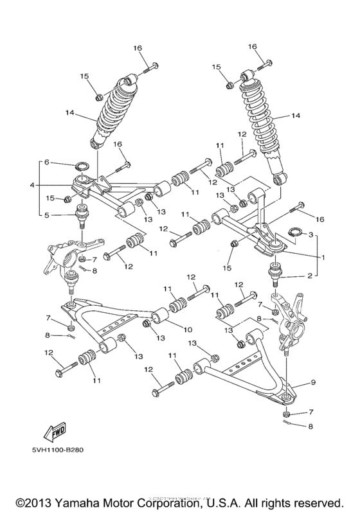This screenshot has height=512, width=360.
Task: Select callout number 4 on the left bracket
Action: [x=30, y=186]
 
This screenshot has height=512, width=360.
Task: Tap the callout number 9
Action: [x=314, y=383]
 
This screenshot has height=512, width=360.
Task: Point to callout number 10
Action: [x=188, y=330]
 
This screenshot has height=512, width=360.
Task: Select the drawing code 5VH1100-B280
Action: [x=55, y=449]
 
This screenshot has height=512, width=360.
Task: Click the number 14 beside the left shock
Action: [x=69, y=116]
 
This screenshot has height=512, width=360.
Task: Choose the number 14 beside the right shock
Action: [x=296, y=116]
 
